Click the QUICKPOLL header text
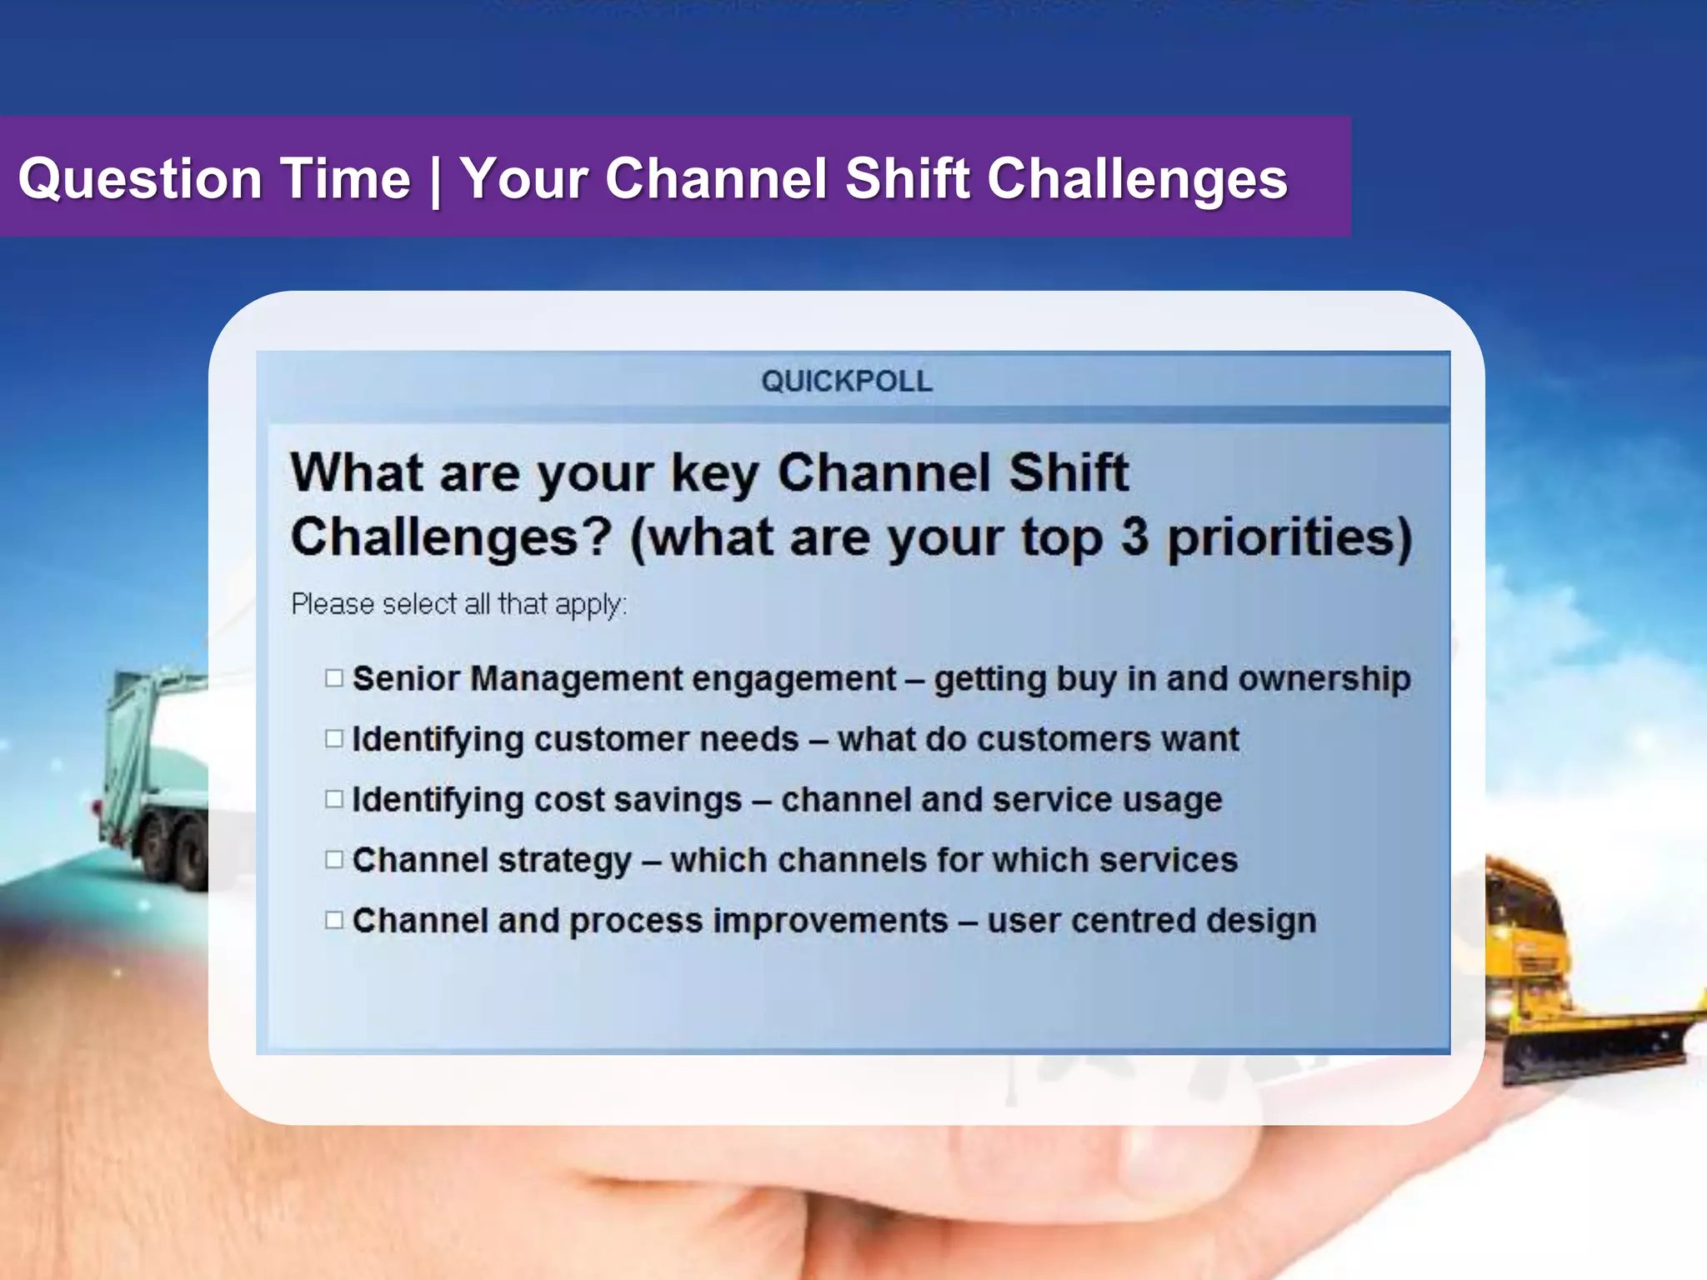click(x=846, y=382)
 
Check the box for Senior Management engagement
click(x=334, y=678)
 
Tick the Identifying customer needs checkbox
click(x=334, y=739)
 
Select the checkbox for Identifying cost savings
click(x=334, y=799)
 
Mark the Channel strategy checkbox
click(x=334, y=860)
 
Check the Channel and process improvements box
click(x=334, y=920)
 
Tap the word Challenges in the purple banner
click(x=1137, y=179)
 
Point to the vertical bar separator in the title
click(x=435, y=182)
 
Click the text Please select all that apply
click(x=458, y=604)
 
